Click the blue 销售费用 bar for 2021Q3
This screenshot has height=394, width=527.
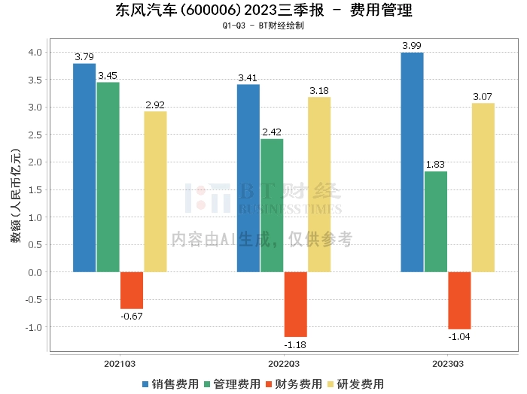pyautogui.click(x=84, y=168)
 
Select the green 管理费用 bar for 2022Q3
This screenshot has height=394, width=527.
pyautogui.click(x=272, y=205)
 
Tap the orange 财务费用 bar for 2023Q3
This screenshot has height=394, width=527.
pyautogui.click(x=459, y=300)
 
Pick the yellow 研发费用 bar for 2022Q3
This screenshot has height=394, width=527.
pyautogui.click(x=318, y=184)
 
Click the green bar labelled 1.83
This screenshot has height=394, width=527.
pyautogui.click(x=436, y=222)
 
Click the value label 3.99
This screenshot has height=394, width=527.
pyautogui.click(x=412, y=46)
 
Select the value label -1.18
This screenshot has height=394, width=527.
pyautogui.click(x=296, y=345)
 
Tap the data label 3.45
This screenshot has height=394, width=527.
pyautogui.click(x=108, y=75)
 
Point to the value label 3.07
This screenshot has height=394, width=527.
pyautogui.click(x=483, y=96)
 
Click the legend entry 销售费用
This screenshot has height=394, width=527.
pyautogui.click(x=170, y=383)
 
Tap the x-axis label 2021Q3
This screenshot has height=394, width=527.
pyautogui.click(x=120, y=364)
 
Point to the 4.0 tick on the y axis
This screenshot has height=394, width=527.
pyautogui.click(x=35, y=52)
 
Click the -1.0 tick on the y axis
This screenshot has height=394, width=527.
pyautogui.click(x=34, y=327)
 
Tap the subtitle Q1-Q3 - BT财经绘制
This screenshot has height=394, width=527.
pyautogui.click(x=263, y=26)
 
